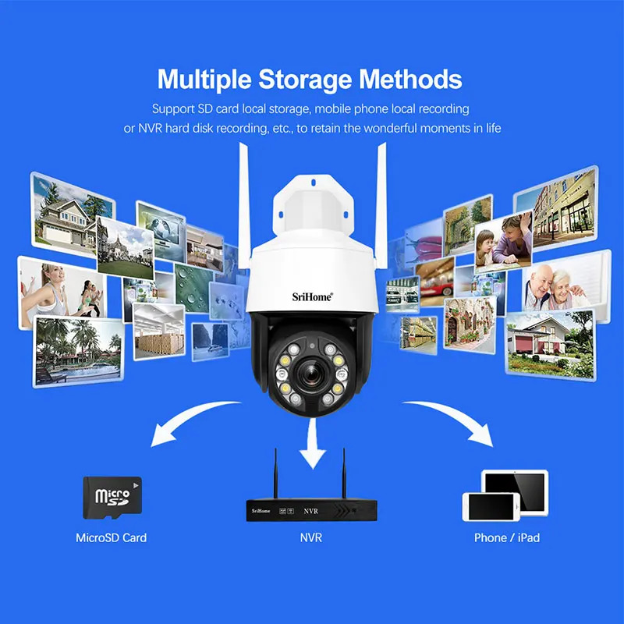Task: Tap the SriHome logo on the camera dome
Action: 313,297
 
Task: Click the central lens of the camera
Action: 311,374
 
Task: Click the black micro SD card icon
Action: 112,498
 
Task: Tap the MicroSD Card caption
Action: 111,537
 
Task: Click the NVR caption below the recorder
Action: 310,537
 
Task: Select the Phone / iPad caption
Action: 507,537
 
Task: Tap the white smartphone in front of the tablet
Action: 491,507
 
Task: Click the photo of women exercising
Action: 62,293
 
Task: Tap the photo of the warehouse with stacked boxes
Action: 159,331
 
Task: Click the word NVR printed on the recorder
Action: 310,511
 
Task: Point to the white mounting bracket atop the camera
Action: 314,206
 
